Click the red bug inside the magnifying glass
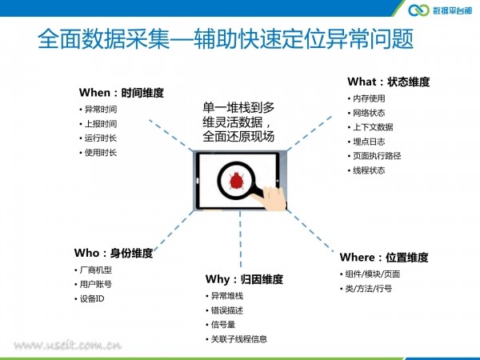pyautogui.click(x=236, y=181)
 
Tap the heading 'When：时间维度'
pyautogui.click(x=122, y=93)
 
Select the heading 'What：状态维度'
pyautogui.click(x=389, y=82)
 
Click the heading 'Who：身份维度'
pyautogui.click(x=114, y=253)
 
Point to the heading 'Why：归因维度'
pyautogui.click(x=244, y=279)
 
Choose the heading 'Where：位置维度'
pyautogui.click(x=384, y=257)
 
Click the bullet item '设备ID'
pyautogui.click(x=92, y=298)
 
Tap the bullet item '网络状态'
pyautogui.click(x=369, y=113)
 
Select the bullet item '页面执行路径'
pyautogui.click(x=377, y=156)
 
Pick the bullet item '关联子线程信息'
pyautogui.click(x=239, y=339)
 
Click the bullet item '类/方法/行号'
pyautogui.click(x=369, y=288)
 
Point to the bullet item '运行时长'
pyautogui.click(x=101, y=138)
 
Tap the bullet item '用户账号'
pyautogui.click(x=96, y=284)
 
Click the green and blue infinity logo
pyautogui.click(x=418, y=10)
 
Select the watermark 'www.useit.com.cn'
pyautogui.click(x=67, y=346)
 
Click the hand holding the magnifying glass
pyautogui.click(x=272, y=198)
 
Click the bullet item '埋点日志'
pyautogui.click(x=369, y=142)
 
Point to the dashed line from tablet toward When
pyautogui.click(x=171, y=135)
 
